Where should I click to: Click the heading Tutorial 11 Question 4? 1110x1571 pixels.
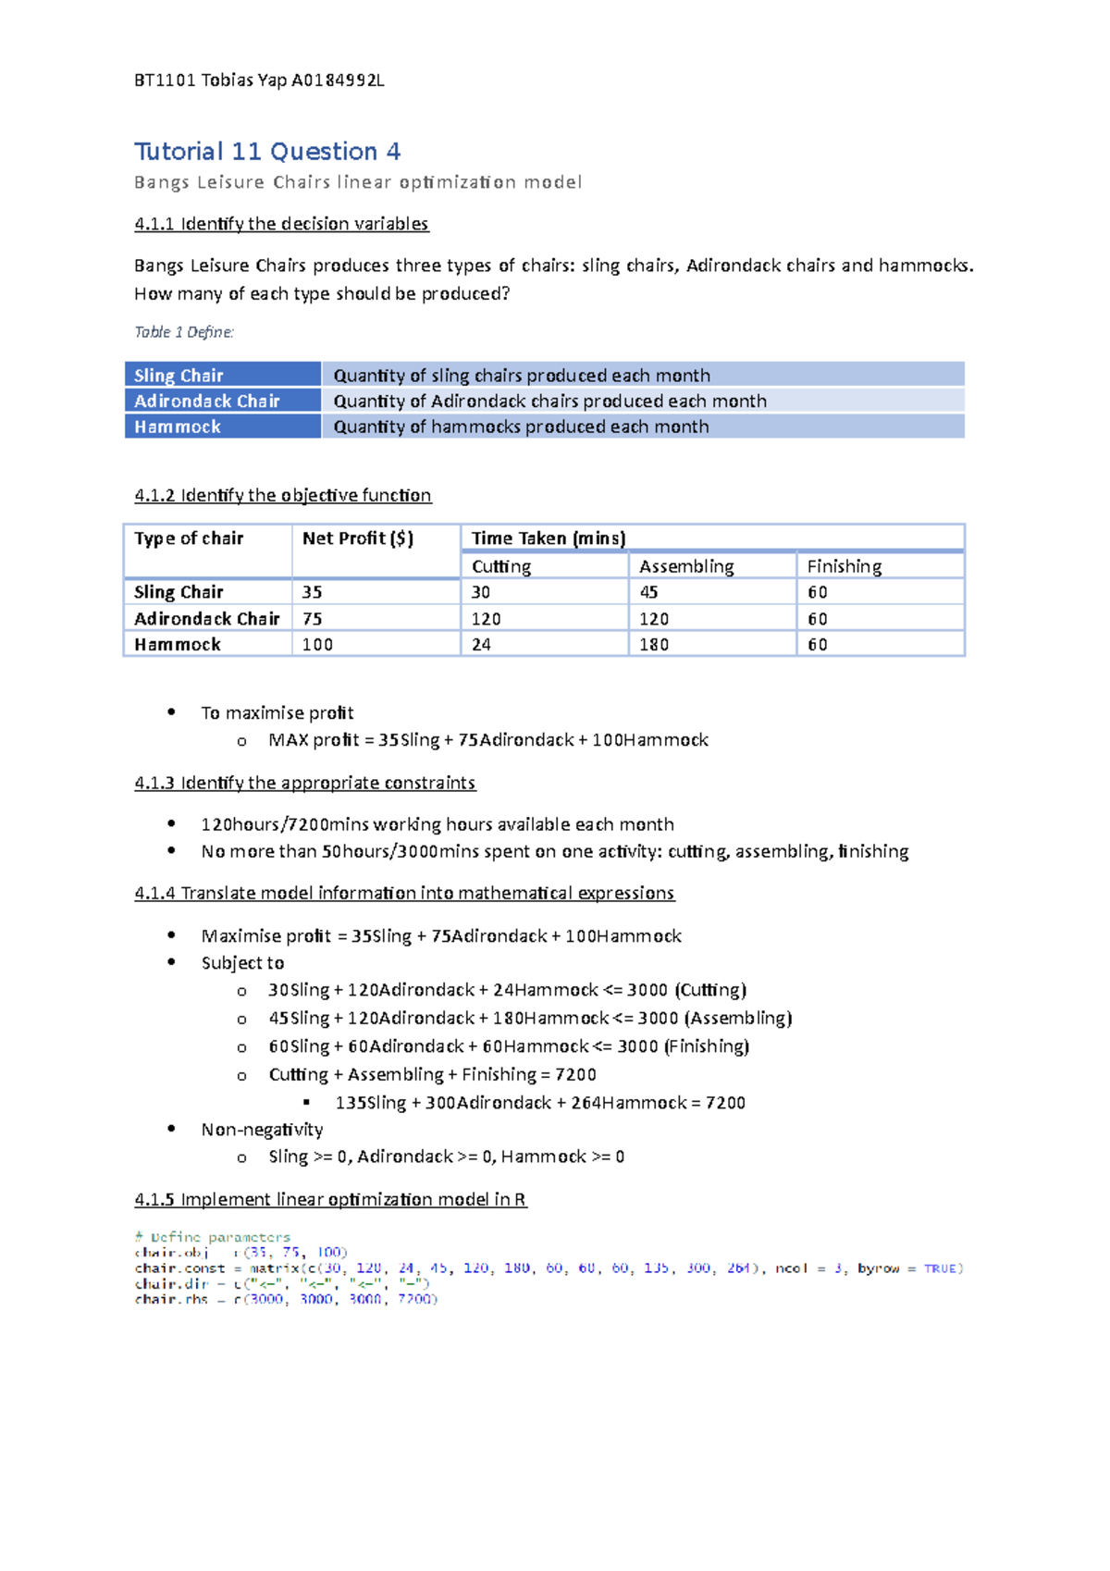point(267,152)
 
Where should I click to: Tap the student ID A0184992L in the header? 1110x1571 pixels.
point(338,80)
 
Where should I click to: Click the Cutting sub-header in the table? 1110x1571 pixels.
point(501,566)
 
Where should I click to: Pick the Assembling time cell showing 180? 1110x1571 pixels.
point(654,645)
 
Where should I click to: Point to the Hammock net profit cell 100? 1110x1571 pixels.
point(317,645)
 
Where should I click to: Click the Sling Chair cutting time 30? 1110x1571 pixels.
point(481,592)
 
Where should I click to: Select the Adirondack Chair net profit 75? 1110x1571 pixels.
point(313,619)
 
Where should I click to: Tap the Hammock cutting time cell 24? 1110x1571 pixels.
point(481,645)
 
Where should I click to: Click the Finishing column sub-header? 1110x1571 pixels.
point(844,566)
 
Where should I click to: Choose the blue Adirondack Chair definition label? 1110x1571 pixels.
point(207,402)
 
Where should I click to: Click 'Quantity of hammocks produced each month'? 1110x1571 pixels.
point(521,427)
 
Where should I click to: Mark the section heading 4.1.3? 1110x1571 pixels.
point(304,783)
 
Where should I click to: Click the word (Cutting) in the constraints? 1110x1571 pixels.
point(710,990)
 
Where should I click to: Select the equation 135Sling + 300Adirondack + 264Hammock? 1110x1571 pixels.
point(540,1103)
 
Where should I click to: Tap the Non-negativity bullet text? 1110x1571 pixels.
point(262,1130)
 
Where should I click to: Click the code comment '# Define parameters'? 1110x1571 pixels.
point(213,1237)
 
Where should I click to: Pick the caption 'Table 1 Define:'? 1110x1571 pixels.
point(184,332)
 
